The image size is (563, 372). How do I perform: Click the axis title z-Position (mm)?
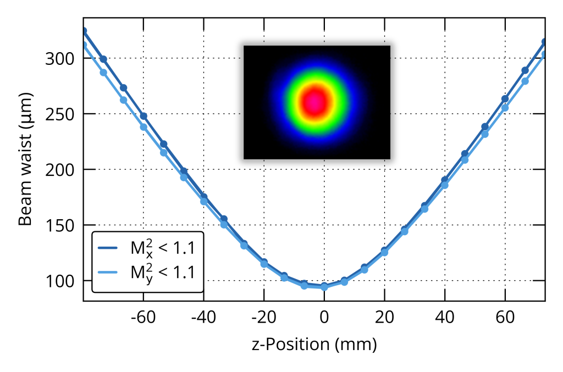click(314, 345)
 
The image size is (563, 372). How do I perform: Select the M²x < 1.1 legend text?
click(162, 248)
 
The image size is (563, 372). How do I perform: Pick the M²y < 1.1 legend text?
click(162, 271)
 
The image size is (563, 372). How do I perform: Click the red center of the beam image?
click(314, 102)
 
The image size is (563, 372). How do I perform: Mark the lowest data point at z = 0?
click(324, 287)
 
